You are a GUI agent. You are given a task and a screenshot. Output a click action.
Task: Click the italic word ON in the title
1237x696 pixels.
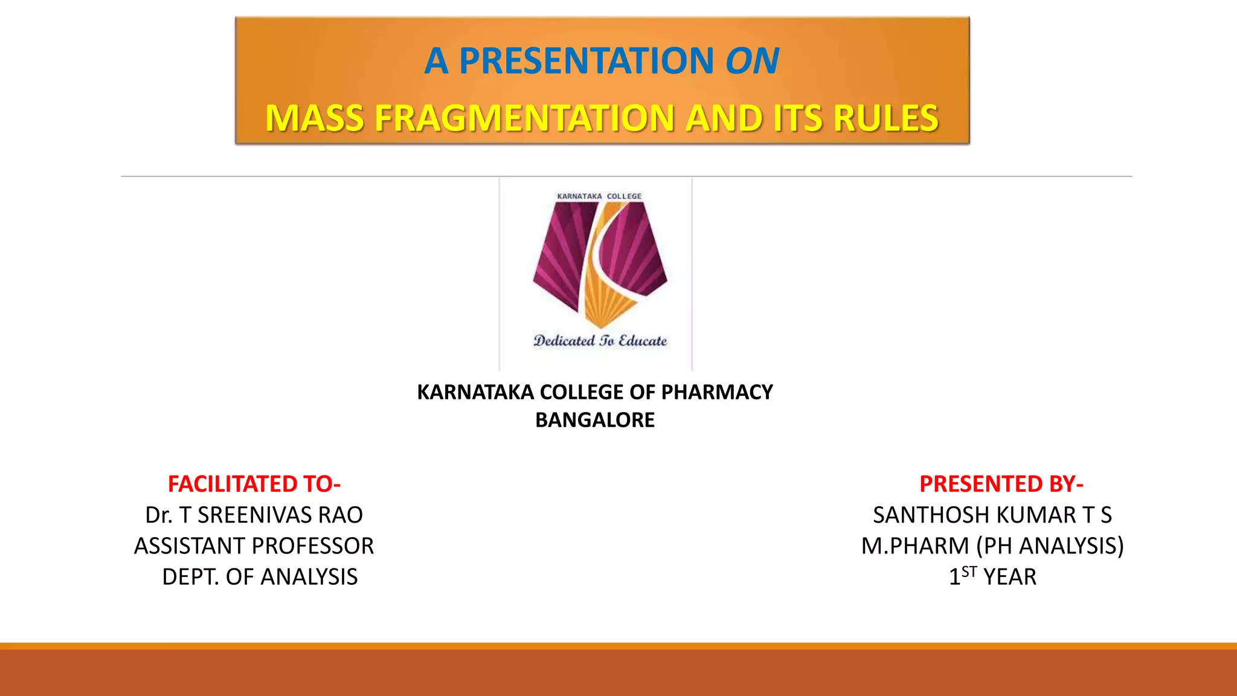(x=752, y=61)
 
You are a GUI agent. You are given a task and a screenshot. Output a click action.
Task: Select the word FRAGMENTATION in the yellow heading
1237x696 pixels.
(x=524, y=118)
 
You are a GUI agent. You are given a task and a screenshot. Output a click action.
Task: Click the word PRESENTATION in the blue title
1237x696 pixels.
(x=586, y=61)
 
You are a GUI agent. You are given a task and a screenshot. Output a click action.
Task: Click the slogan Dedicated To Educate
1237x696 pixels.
(x=600, y=341)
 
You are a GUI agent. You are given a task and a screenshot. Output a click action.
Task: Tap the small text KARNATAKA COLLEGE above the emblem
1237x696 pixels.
(x=599, y=196)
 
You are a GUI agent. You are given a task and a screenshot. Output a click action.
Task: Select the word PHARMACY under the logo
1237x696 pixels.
(x=717, y=393)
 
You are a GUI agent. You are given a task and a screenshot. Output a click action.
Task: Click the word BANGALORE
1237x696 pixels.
(x=594, y=420)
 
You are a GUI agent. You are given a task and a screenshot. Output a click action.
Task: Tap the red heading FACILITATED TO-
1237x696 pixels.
(x=254, y=484)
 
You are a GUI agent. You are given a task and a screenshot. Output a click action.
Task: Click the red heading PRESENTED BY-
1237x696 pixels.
(x=1001, y=484)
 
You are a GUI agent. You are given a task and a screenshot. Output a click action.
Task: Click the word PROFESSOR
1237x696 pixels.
(x=315, y=546)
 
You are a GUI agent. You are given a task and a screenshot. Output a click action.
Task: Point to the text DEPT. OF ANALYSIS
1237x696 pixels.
(x=260, y=577)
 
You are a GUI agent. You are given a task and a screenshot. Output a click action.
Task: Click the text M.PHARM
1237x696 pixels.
(x=915, y=546)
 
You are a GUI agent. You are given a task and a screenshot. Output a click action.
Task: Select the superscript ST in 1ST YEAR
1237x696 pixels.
(x=969, y=571)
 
